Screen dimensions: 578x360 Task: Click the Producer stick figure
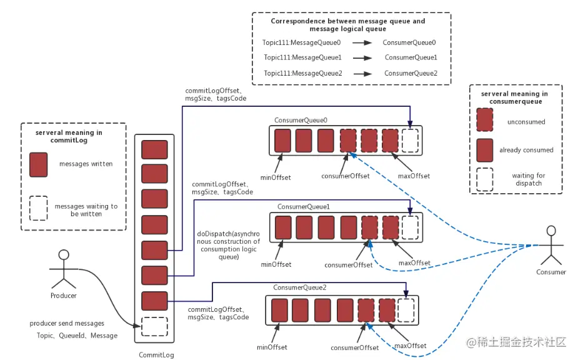click(x=64, y=269)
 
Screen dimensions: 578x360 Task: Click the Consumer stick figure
click(x=551, y=245)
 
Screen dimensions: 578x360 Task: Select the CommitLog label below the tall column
click(x=156, y=355)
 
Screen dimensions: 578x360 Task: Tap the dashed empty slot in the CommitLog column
click(x=154, y=326)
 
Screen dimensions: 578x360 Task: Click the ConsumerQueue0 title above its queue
click(x=301, y=120)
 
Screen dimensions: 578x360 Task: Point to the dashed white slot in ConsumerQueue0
click(x=410, y=141)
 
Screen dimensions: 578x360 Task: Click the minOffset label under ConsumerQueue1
click(x=276, y=264)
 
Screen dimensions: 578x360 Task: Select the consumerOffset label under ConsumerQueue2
click(x=355, y=347)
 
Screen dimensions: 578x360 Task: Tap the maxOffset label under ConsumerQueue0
click(x=414, y=176)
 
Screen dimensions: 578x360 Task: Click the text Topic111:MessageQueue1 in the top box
click(x=302, y=57)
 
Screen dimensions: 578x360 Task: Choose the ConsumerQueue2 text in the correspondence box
click(x=411, y=73)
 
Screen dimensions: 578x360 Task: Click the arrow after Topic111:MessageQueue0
click(x=362, y=42)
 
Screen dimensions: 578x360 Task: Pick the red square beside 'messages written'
click(x=39, y=164)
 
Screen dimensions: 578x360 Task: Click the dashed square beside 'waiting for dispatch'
click(x=485, y=179)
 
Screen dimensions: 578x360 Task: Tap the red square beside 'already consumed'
click(x=485, y=150)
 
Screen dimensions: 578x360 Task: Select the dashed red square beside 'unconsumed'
click(x=485, y=119)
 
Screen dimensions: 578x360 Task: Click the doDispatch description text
click(x=229, y=245)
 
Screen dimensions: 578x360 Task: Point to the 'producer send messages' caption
click(x=67, y=324)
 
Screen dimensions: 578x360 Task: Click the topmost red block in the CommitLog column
click(x=154, y=149)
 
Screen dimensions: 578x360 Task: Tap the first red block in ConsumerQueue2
click(x=279, y=310)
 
